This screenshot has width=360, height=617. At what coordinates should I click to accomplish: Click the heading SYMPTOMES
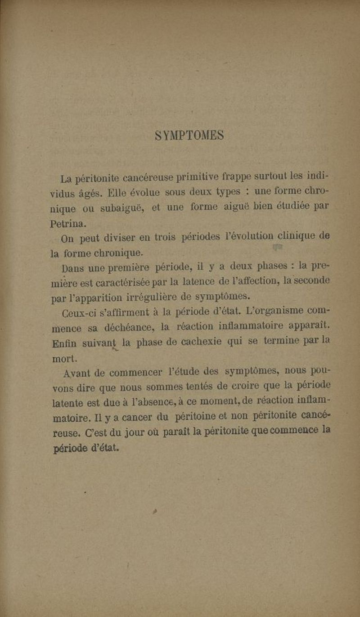point(189,135)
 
